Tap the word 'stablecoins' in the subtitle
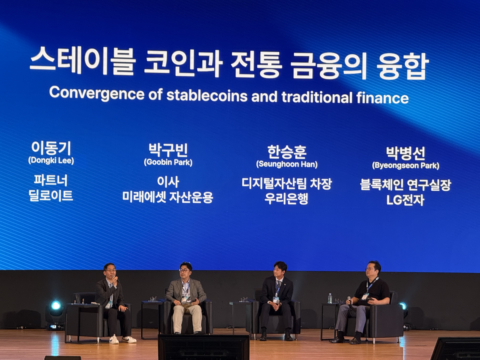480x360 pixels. pos(207,96)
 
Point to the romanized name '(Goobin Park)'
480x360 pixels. pos(168,163)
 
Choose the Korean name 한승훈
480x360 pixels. pos(287,152)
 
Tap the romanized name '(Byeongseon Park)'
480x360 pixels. pos(405,166)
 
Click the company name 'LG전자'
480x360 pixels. pos(405,200)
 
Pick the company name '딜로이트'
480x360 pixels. pos(51,196)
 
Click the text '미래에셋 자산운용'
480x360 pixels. pos(168,197)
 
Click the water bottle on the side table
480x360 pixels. pos(330,298)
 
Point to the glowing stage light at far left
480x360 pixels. pos(56,306)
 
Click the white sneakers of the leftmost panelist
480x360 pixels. pos(122,340)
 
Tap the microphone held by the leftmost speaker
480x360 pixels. pos(116,280)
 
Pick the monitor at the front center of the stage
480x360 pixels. pos(203,347)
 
